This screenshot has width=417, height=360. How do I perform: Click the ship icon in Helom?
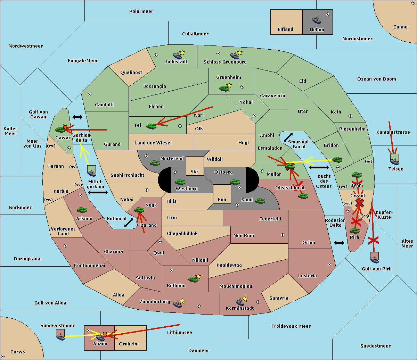[x=317, y=20]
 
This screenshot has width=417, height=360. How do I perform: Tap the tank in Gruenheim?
[x=224, y=88]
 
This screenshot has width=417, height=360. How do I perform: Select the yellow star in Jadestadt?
[x=182, y=53]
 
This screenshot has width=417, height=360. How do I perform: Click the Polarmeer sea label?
[x=141, y=11]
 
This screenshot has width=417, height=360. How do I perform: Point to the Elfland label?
[x=285, y=30]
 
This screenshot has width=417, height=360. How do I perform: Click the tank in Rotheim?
[x=193, y=279]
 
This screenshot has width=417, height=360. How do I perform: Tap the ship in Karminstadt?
[x=240, y=302]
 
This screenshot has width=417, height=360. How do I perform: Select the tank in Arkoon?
[x=82, y=210]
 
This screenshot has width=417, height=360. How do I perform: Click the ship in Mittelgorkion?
[x=92, y=173]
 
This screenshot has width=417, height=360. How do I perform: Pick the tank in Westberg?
[x=180, y=182]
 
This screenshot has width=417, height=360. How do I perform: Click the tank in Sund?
[x=260, y=201]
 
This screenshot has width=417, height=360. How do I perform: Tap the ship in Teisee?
[x=395, y=161]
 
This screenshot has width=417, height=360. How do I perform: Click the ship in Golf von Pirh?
[x=375, y=260]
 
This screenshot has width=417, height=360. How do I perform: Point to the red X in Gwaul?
[x=360, y=203]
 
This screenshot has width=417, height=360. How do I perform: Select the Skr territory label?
[x=195, y=171]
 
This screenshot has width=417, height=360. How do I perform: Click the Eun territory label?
[x=222, y=199]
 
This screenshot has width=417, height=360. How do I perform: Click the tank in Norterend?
[x=155, y=163]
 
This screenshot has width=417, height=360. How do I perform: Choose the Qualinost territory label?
[x=131, y=72]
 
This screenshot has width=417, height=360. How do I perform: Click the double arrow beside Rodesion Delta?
[x=339, y=243]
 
